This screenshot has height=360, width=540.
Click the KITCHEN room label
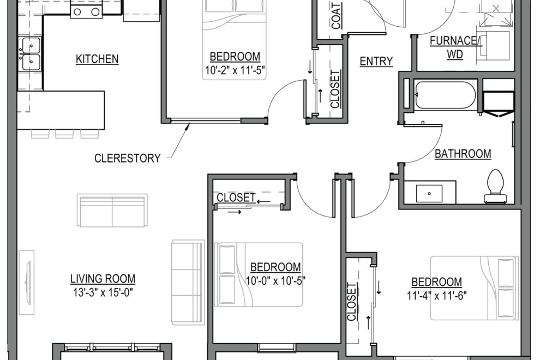[x=97, y=59]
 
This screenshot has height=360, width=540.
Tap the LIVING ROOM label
[x=103, y=279]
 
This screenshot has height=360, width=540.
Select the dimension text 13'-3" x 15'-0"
[x=103, y=292]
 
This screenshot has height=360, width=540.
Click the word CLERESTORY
[x=128, y=159]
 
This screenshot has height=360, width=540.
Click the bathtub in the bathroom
[x=445, y=95]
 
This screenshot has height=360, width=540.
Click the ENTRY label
[x=376, y=62]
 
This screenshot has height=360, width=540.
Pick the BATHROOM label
[x=463, y=154]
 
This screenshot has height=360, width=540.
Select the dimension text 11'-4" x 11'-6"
[x=436, y=296]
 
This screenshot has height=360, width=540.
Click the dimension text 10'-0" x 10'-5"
[x=275, y=281]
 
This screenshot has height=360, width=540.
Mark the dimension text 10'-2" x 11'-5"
[x=235, y=70]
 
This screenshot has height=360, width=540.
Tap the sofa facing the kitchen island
[x=112, y=210]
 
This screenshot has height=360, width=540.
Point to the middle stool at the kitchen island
[x=64, y=133]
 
